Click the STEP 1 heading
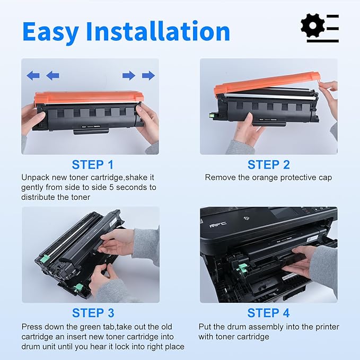tap(93, 164)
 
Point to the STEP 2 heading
tap(268, 164)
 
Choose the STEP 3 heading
tap(93, 313)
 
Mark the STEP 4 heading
tap(268, 313)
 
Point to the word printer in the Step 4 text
tap(324, 327)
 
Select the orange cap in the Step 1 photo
tap(89, 98)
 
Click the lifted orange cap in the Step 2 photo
tap(265, 85)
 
